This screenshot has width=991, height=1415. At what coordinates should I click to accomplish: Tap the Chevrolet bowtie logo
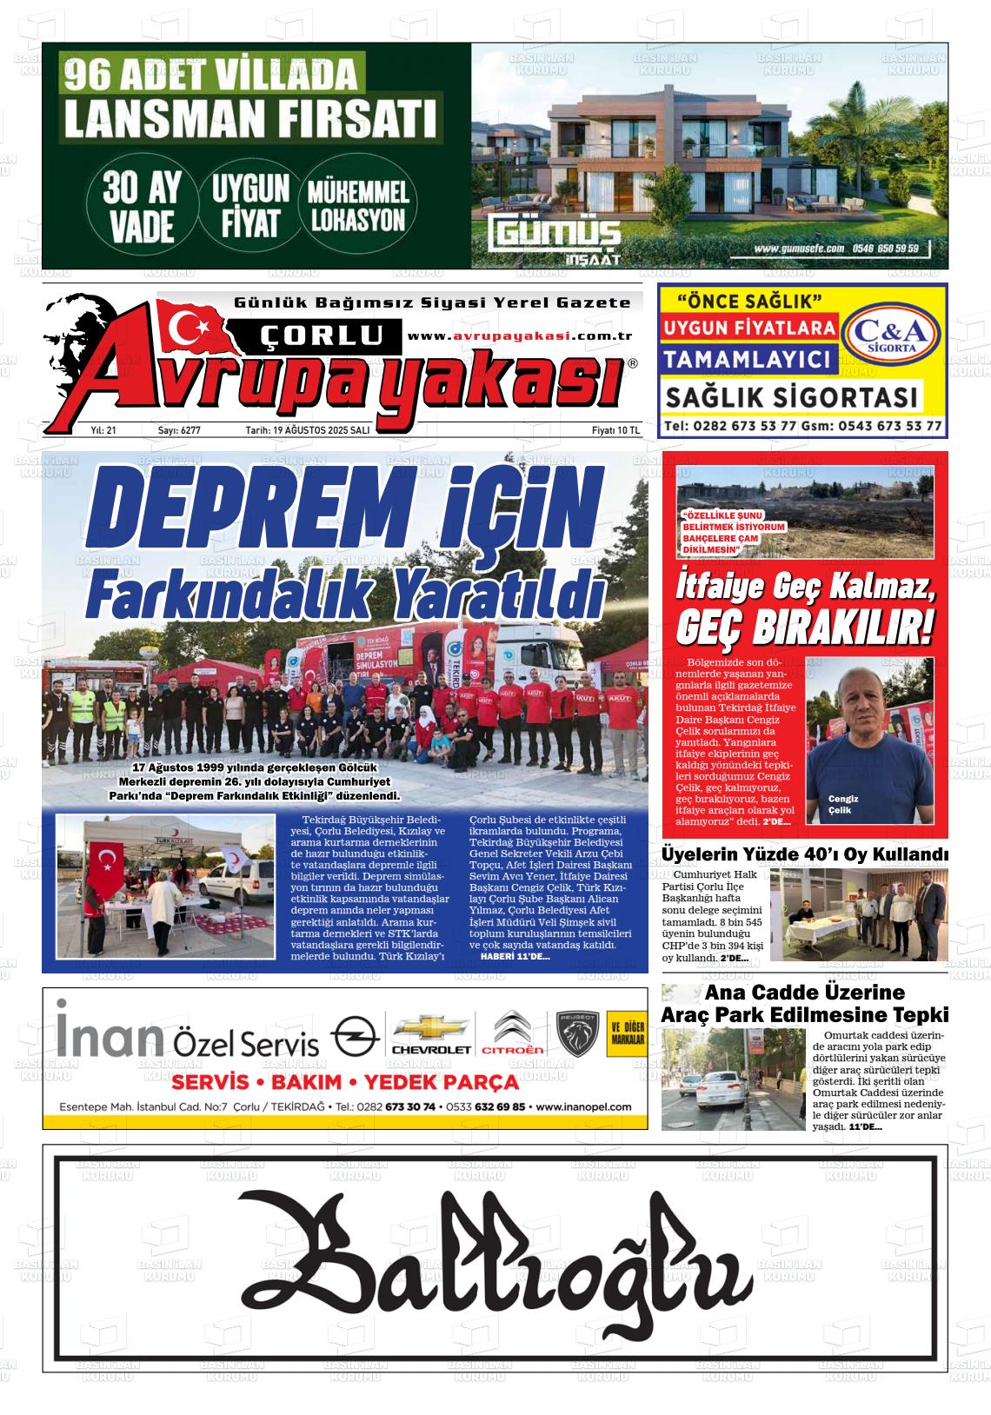coord(432,1027)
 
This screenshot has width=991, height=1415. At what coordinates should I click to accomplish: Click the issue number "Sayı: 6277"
coord(179,430)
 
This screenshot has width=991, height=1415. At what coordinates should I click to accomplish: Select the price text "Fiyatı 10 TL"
coord(615,430)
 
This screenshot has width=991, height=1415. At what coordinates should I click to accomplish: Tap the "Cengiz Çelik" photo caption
coord(843,804)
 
